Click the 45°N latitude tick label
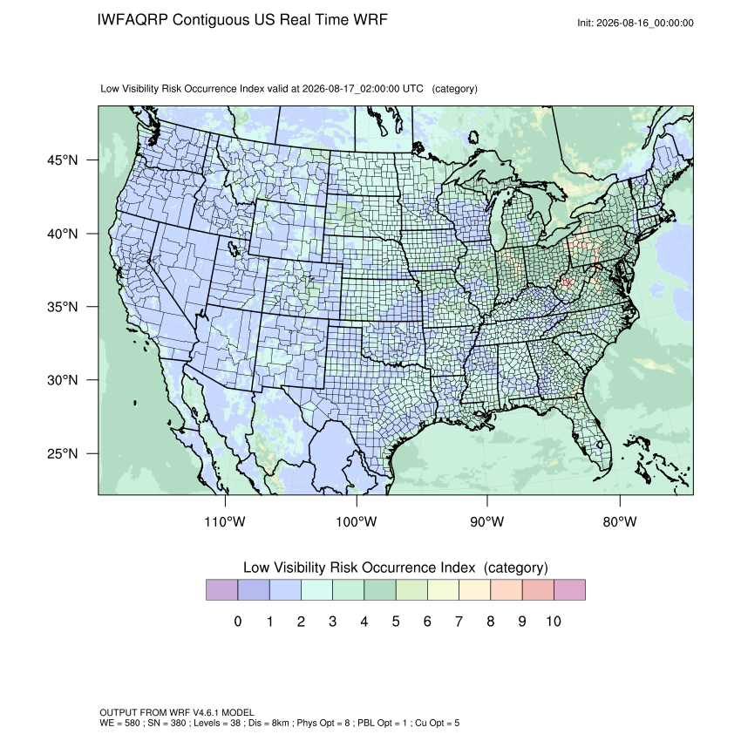tap(62, 160)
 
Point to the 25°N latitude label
tap(62, 453)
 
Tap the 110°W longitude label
tap(225, 521)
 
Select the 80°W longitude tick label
tap(620, 521)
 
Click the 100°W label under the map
tap(357, 521)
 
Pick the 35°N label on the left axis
tap(62, 307)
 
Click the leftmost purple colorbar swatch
tap(221, 590)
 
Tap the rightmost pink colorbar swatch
tap(569, 590)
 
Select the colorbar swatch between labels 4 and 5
tap(380, 590)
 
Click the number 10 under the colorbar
tap(554, 621)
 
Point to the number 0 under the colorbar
tap(238, 621)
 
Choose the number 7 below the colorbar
tap(459, 621)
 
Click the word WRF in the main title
tap(372, 20)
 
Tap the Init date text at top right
tap(636, 23)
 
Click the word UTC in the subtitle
tap(412, 89)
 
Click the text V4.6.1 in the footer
tap(206, 712)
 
